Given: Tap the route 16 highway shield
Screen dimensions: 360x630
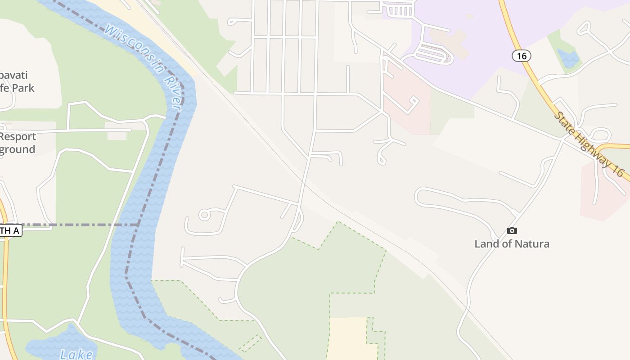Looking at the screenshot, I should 522,56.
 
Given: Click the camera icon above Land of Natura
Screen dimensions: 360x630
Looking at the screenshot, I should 512,231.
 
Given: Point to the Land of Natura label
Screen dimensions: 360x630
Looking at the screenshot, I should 512,244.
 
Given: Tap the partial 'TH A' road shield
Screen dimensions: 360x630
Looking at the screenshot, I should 10,231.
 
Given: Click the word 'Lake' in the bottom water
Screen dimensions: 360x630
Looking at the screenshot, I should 76,354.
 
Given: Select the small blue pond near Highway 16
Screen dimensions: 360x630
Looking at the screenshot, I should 568,58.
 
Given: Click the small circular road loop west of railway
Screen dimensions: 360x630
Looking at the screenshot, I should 204,215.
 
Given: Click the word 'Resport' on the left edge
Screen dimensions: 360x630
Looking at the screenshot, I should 18,136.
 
